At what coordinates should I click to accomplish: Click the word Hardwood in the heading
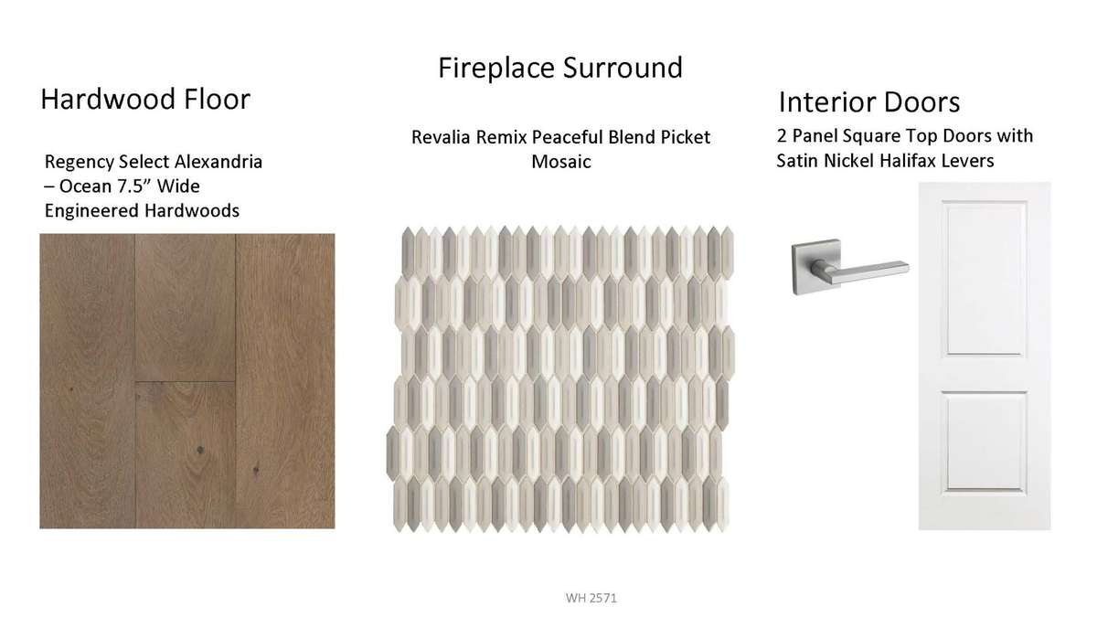pos(108,99)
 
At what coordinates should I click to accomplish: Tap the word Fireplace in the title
pos(496,68)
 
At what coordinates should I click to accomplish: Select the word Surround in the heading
pos(623,68)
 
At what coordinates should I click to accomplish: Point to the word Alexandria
pos(218,162)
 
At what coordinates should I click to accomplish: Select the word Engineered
pos(91,211)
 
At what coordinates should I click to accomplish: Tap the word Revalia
pos(442,137)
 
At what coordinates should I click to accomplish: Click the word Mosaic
pos(561,162)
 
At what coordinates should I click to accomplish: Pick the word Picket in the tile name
pos(685,137)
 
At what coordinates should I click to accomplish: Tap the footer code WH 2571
pos(591,598)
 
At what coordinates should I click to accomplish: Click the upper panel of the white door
pos(985,278)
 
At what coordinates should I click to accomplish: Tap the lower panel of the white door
pos(985,441)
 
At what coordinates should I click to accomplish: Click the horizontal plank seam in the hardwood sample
pos(185,381)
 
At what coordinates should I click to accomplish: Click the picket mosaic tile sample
pos(560,379)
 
